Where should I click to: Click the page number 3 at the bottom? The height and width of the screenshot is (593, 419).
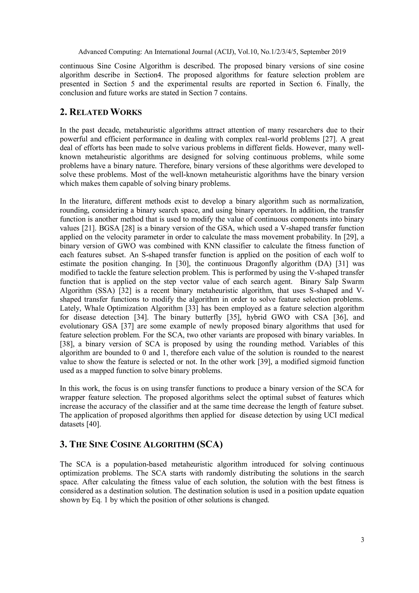coord(362,540)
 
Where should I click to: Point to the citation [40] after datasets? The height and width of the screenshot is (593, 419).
coord(93,424)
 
